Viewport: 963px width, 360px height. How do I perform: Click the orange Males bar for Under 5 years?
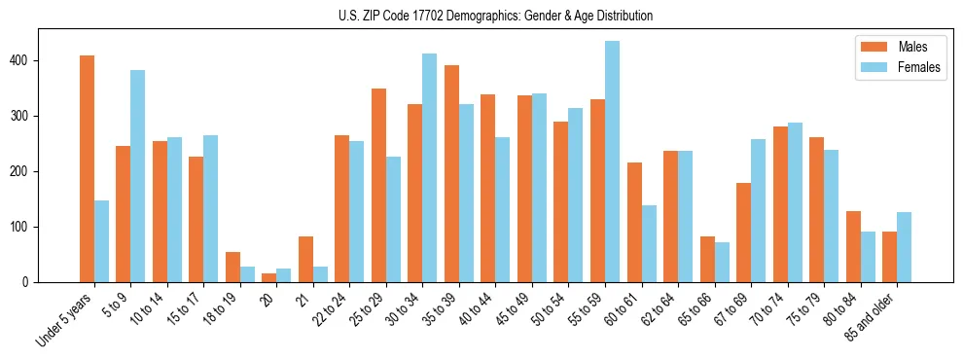pos(88,169)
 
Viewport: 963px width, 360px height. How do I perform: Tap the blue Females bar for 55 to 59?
pos(612,162)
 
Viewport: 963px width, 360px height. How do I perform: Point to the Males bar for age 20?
pos(269,277)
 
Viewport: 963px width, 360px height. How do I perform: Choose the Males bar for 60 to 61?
pos(634,223)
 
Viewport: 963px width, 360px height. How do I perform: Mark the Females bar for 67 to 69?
pos(758,211)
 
